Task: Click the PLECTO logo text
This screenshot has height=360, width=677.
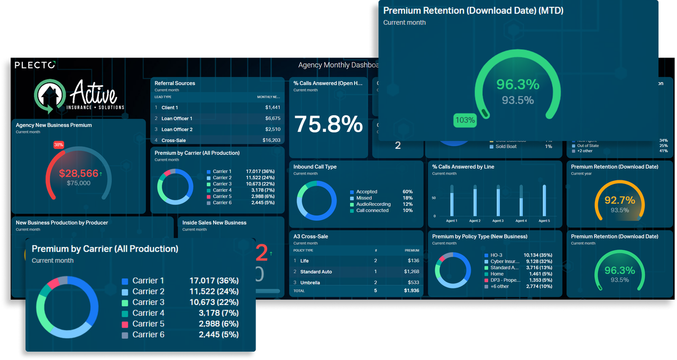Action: pyautogui.click(x=35, y=65)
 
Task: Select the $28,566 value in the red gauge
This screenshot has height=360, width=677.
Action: pyautogui.click(x=78, y=173)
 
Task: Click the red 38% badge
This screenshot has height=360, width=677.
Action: pyautogui.click(x=58, y=144)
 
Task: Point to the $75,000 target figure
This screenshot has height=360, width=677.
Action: pyautogui.click(x=78, y=183)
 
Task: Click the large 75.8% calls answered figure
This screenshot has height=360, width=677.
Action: pyautogui.click(x=328, y=125)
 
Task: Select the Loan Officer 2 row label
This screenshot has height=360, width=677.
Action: pyautogui.click(x=177, y=130)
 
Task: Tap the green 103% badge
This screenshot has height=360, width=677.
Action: pyautogui.click(x=465, y=120)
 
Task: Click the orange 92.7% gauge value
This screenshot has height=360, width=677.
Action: pyautogui.click(x=619, y=200)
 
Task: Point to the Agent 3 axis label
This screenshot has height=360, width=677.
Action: pyautogui.click(x=498, y=220)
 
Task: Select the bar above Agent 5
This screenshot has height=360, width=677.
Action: pyautogui.click(x=544, y=200)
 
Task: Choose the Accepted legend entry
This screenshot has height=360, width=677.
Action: pyautogui.click(x=367, y=192)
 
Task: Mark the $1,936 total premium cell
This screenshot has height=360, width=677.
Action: pyautogui.click(x=411, y=291)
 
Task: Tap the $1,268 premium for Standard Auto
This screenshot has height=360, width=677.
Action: pyautogui.click(x=411, y=272)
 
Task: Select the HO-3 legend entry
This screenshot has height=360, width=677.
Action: pyautogui.click(x=496, y=255)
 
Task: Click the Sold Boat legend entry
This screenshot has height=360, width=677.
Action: pyautogui.click(x=506, y=146)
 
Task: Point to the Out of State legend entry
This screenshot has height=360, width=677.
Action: pyautogui.click(x=588, y=146)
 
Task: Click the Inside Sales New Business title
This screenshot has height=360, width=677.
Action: pyautogui.click(x=214, y=223)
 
